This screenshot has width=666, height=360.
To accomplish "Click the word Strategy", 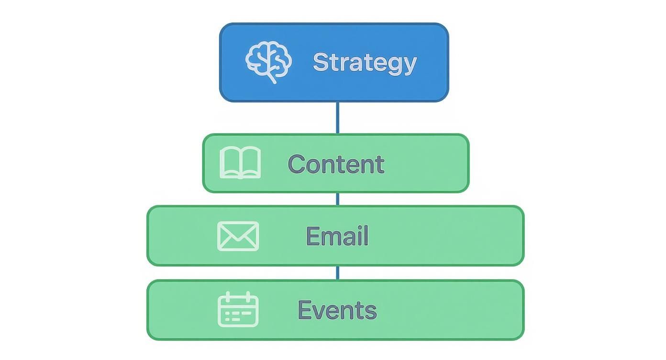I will tap(365, 63).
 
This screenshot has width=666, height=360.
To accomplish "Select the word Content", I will tap(336, 164).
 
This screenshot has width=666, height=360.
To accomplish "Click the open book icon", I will tap(240, 163).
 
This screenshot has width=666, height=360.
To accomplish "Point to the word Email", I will tap(337, 236).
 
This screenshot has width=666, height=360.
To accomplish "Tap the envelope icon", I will tap(238, 236).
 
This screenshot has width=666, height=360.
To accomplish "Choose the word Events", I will tap(337, 310).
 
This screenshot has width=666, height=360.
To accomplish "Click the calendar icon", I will tap(238, 310).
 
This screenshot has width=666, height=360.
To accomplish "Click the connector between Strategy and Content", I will tap(337, 118).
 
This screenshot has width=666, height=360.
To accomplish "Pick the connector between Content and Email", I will tap(337, 199).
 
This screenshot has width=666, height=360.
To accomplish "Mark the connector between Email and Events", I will tap(337, 273).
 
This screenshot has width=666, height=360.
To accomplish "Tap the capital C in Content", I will tap(297, 164).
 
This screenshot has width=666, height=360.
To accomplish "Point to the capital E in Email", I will tap(312, 236).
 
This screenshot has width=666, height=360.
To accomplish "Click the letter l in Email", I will tap(366, 236).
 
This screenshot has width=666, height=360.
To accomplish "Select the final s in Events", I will tap(371, 312).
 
